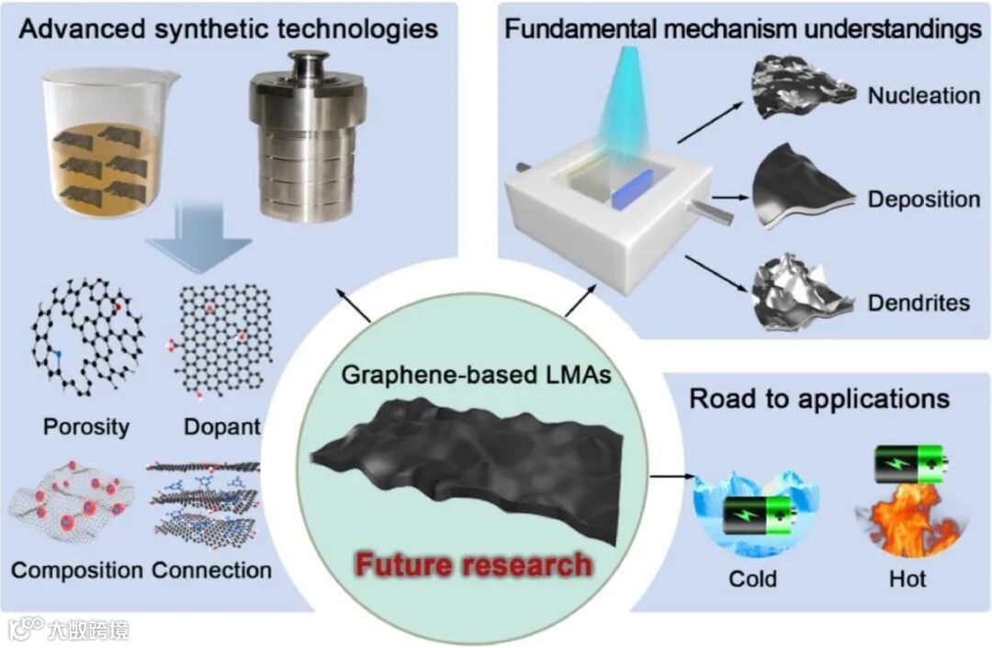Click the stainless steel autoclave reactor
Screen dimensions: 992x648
pos(307,138)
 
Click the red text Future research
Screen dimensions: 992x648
pos(473,563)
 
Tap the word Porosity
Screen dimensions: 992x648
pos(85,426)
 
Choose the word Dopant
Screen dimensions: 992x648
pos(221,426)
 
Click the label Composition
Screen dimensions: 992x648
pos(77,570)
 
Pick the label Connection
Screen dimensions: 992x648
pos(211,570)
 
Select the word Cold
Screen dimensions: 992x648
pos(752,578)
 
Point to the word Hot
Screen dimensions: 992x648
pos(907,578)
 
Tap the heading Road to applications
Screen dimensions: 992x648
pos(819,399)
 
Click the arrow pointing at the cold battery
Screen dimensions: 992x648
pos(672,477)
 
